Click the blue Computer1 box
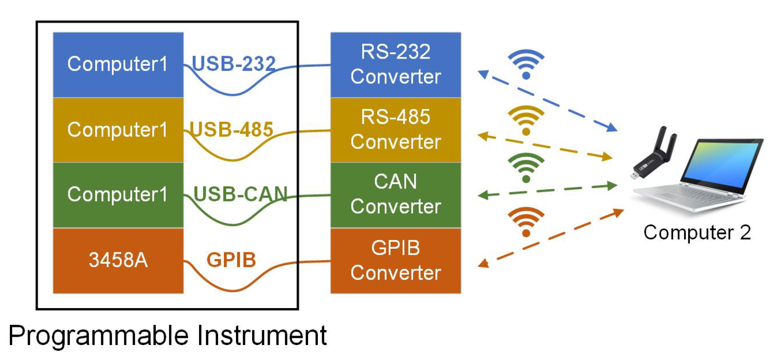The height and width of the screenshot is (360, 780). click(118, 65)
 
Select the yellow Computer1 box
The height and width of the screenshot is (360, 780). click(118, 130)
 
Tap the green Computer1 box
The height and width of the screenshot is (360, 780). click(118, 195)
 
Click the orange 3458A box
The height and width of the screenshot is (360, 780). click(118, 260)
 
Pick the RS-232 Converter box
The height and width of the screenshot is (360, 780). click(395, 65)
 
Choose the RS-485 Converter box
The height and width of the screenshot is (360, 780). click(395, 130)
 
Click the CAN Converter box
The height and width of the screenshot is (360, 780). click(395, 195)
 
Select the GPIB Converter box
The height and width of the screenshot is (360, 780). click(395, 260)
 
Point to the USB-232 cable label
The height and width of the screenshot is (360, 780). click(234, 64)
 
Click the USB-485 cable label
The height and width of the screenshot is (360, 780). click(231, 129)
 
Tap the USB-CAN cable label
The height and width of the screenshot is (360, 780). click(240, 194)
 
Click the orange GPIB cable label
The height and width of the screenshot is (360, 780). click(231, 260)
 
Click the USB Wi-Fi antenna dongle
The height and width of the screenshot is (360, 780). click(655, 155)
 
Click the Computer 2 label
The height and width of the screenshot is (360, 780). click(697, 233)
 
